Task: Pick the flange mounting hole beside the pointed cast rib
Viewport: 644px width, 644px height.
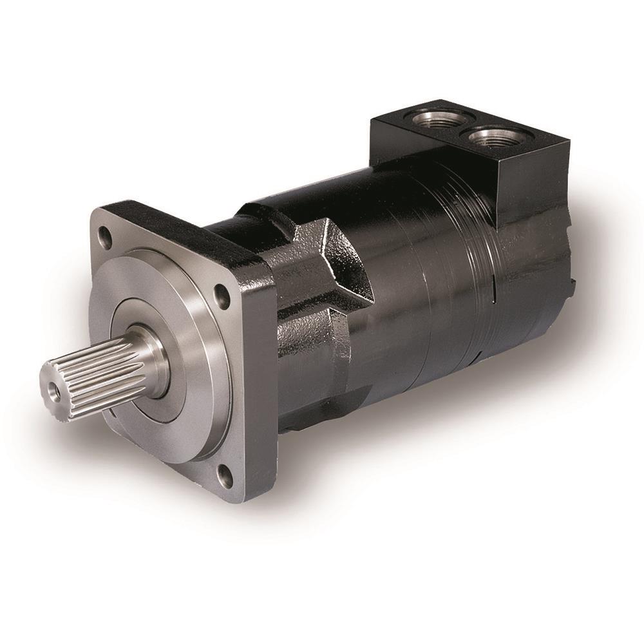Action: (x=223, y=298)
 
